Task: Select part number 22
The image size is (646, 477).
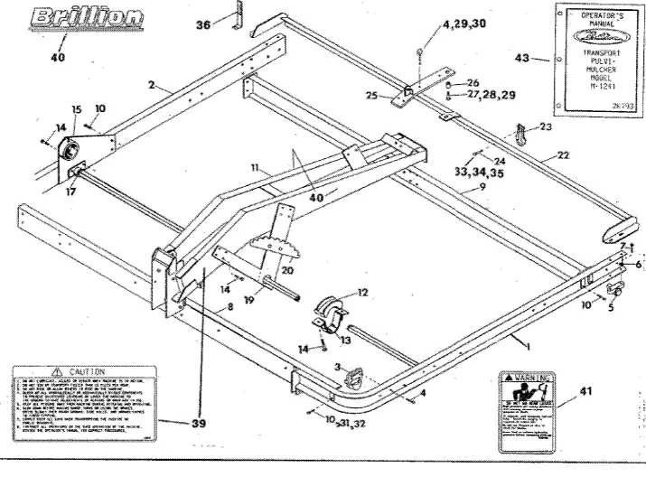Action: pos(563,156)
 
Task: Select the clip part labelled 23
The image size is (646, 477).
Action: pos(523,133)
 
